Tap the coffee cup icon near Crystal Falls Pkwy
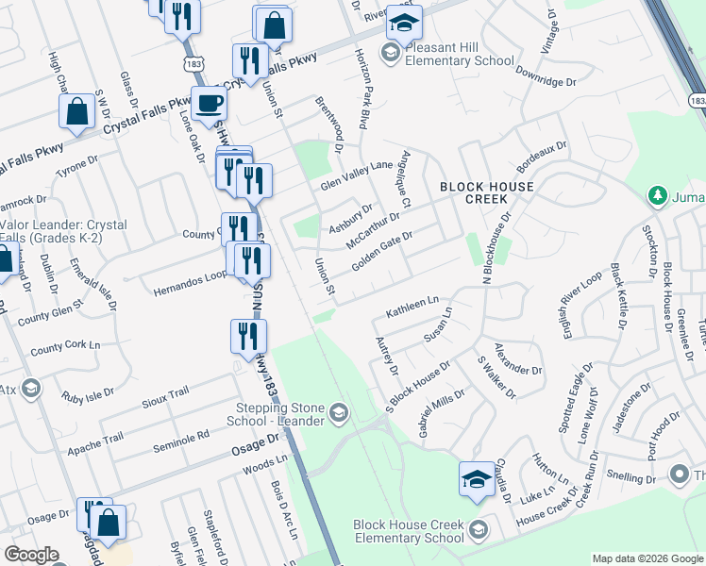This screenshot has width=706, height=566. click(x=209, y=104)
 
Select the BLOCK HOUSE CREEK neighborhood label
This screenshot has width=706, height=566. click(x=486, y=192)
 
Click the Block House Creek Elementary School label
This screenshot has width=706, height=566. click(x=408, y=531)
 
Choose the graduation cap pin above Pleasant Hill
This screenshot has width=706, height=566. click(x=405, y=21)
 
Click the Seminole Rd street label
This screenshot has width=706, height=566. click(x=189, y=436)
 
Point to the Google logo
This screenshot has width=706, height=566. click(x=31, y=555)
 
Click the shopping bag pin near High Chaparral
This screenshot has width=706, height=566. click(x=76, y=111)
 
